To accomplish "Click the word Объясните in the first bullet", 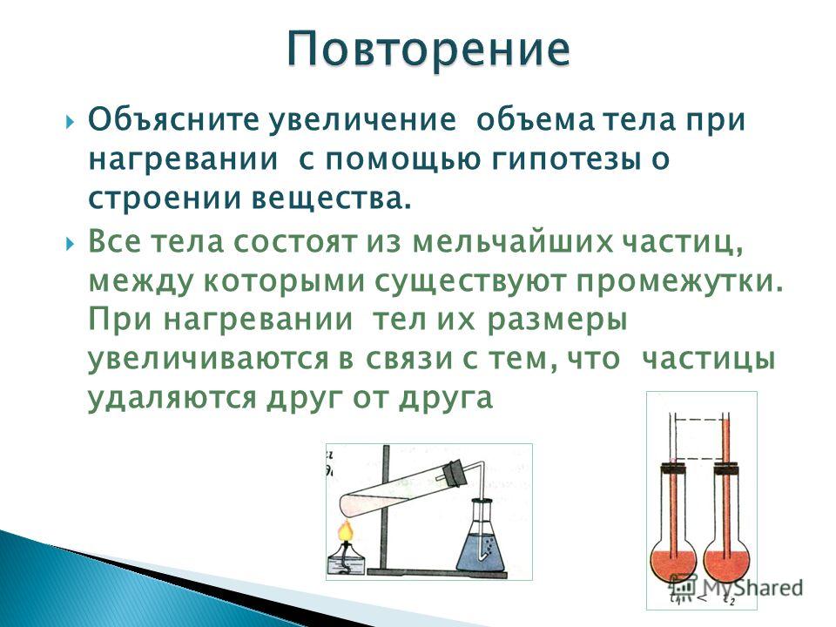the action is [x=172, y=119].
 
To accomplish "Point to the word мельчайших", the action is [x=513, y=242].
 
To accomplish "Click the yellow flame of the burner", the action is [x=346, y=531].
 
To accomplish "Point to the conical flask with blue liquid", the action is [x=481, y=537].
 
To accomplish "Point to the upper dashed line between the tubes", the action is [x=698, y=419].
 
